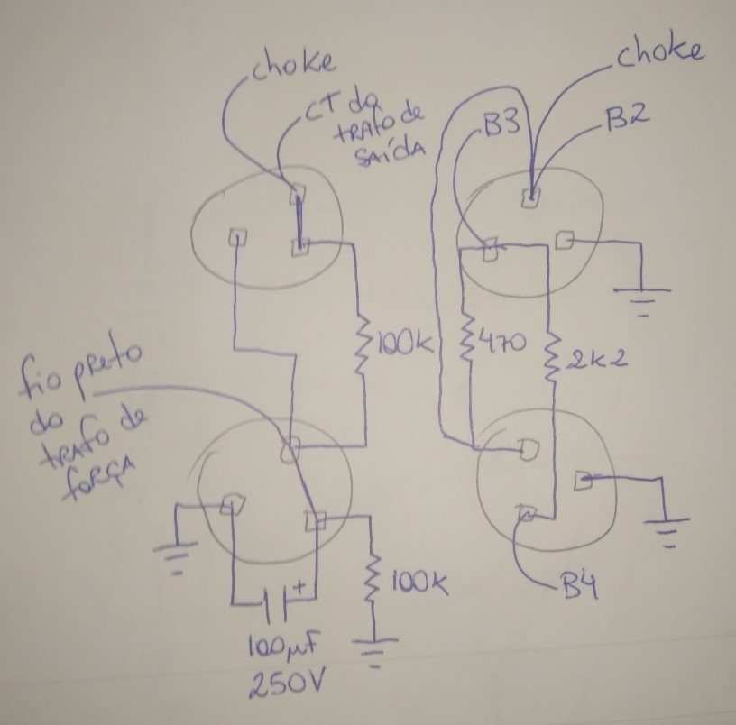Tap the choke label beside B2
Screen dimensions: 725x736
(658, 51)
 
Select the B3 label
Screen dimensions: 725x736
(499, 126)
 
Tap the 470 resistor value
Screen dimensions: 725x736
(500, 344)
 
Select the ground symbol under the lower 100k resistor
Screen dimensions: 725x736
(377, 652)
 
